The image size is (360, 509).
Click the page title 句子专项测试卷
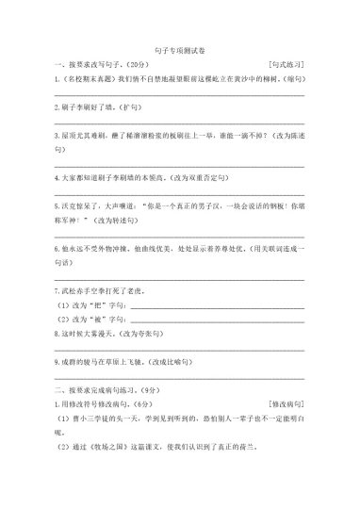pyautogui.click(x=179, y=47)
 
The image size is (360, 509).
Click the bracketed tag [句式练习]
pyautogui.click(x=286, y=64)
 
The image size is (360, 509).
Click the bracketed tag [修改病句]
pyautogui.click(x=286, y=402)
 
